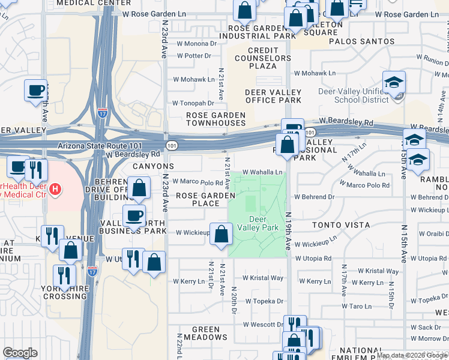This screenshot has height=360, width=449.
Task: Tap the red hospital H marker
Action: click(x=55, y=190)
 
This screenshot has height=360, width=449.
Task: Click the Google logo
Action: click(x=19, y=353)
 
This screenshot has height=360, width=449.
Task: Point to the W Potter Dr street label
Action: click(x=194, y=56)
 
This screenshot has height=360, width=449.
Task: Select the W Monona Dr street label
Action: click(x=196, y=44)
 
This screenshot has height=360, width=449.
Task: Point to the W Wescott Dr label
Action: click(x=263, y=325)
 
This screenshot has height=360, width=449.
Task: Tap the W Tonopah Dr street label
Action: click(x=193, y=103)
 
